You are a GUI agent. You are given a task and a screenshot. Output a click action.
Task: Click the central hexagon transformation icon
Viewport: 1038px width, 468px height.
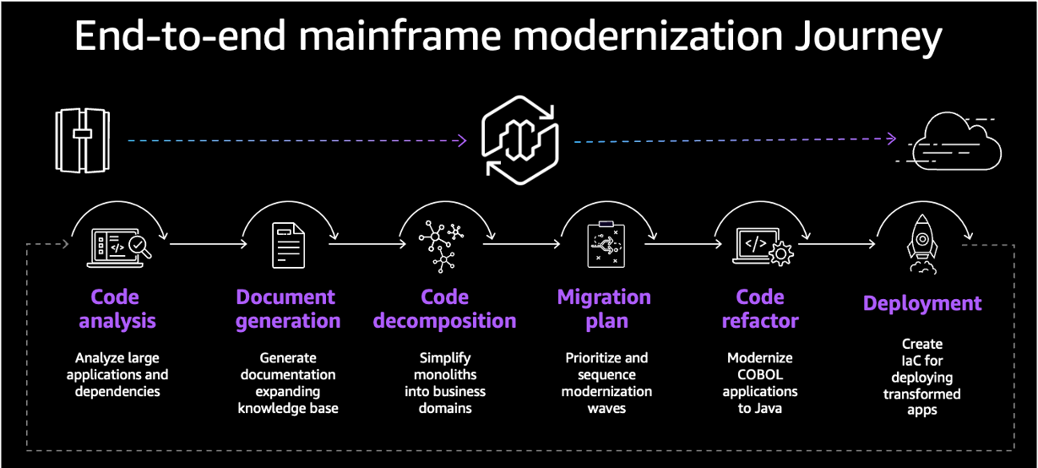tap(519, 140)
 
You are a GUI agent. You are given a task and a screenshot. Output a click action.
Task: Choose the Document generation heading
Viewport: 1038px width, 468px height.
tap(287, 308)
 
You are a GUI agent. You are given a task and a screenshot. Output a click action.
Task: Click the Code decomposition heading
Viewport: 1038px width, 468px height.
tap(444, 308)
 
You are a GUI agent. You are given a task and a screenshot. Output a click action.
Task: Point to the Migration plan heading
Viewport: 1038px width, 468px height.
tap(604, 308)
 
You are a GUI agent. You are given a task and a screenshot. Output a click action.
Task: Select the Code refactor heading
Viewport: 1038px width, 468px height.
tap(760, 308)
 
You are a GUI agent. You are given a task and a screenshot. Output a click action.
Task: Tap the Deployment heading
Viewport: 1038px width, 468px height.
tap(922, 303)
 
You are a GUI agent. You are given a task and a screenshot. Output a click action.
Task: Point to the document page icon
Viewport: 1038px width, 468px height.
tap(288, 245)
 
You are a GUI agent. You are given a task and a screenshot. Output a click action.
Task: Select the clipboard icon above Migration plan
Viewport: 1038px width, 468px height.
tap(604, 245)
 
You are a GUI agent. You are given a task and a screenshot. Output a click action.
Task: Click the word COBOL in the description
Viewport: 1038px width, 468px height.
tap(760, 374)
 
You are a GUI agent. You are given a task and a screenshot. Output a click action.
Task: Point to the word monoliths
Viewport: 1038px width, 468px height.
tap(444, 374)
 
